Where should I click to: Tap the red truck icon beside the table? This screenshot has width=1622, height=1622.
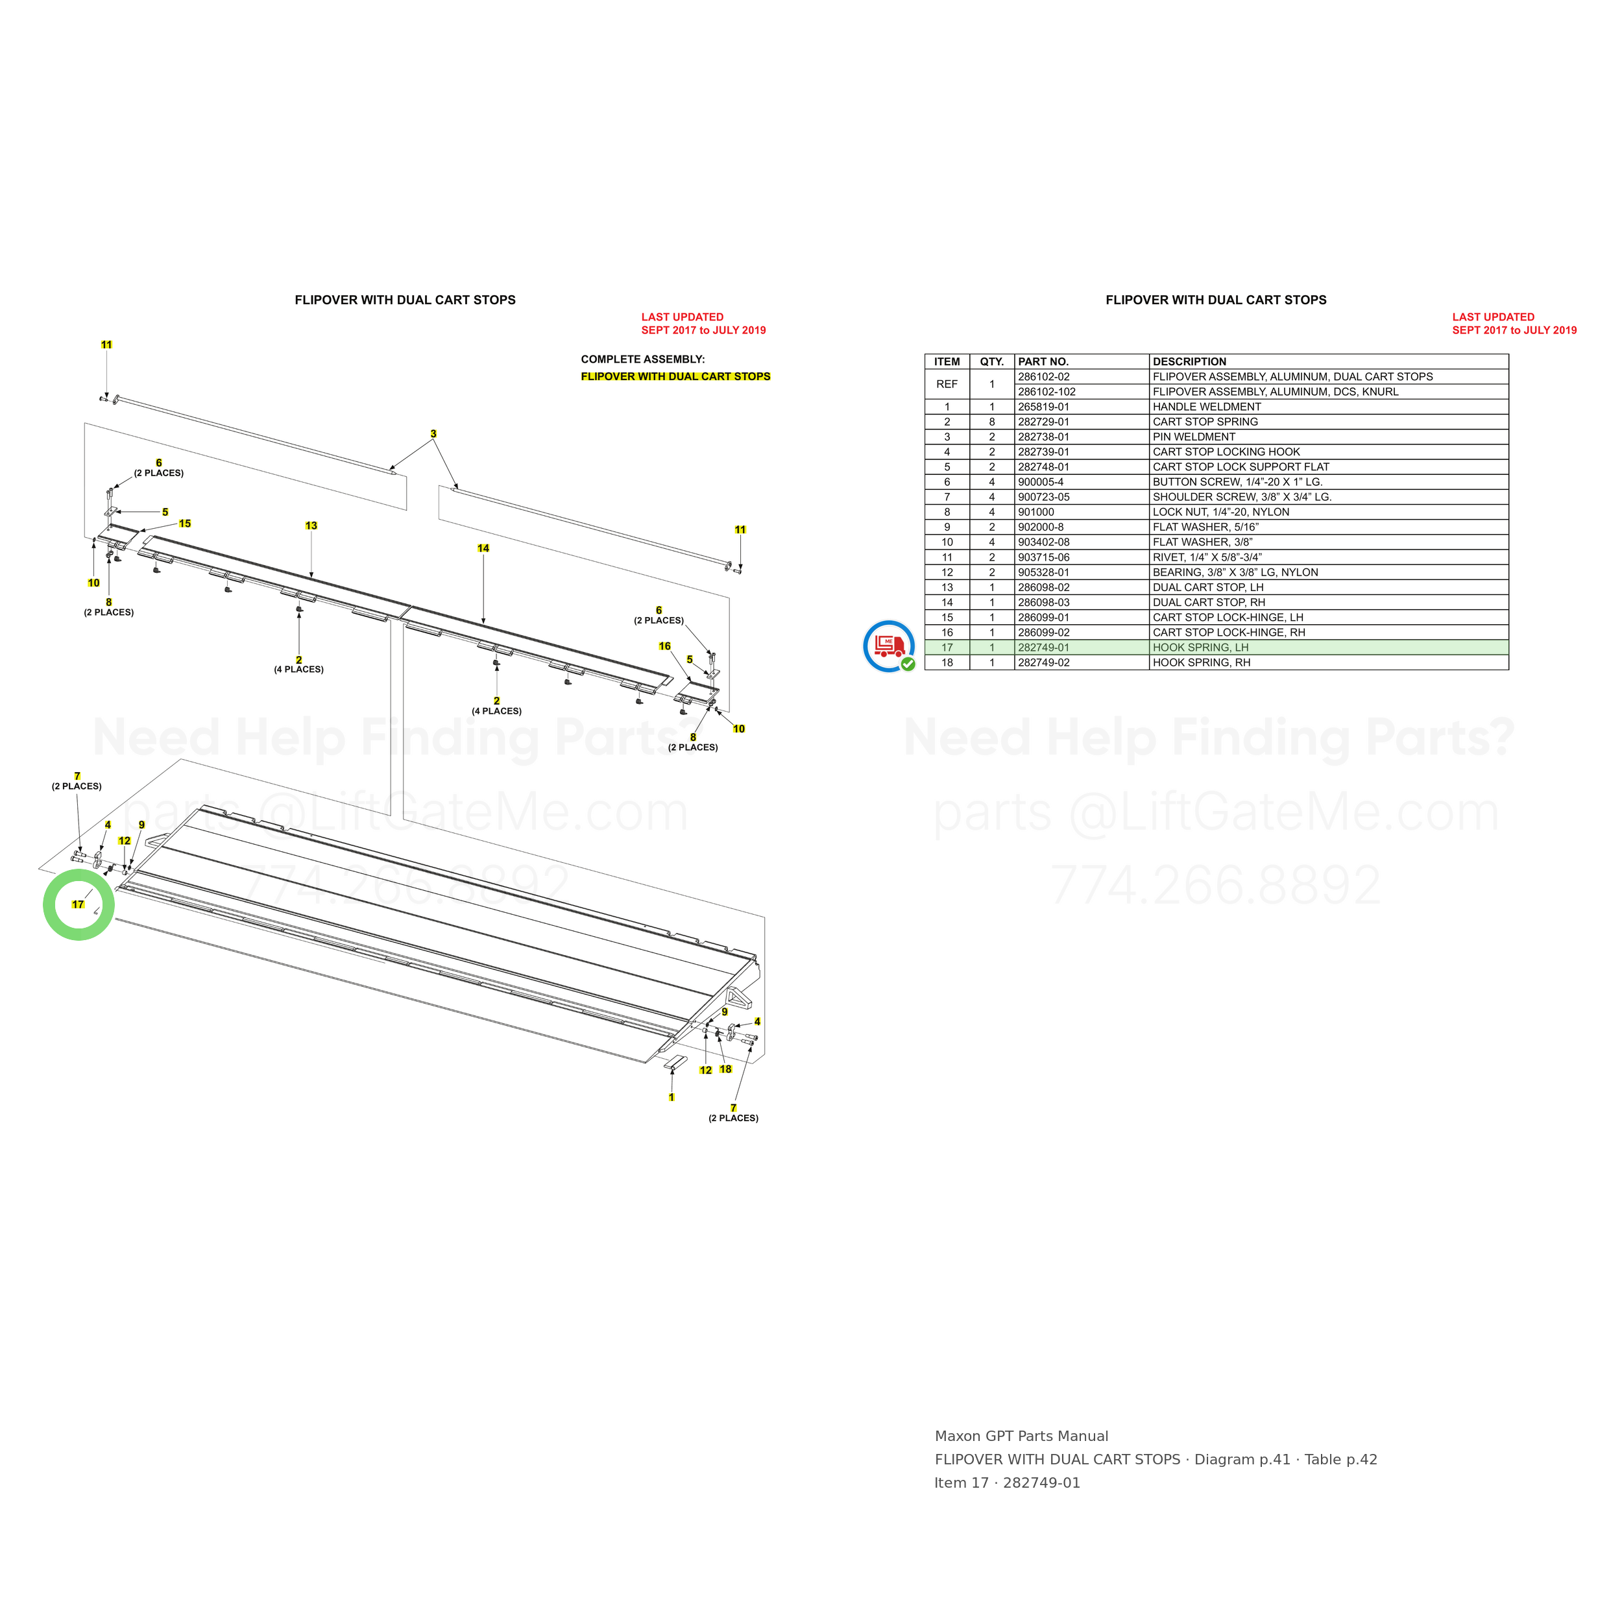(x=888, y=646)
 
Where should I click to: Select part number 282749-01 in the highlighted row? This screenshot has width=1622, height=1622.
(x=1043, y=648)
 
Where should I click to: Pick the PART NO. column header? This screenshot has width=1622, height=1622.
(x=1043, y=362)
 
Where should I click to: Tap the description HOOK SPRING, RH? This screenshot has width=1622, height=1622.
(x=1202, y=662)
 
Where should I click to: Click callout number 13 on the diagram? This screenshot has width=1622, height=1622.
(x=311, y=526)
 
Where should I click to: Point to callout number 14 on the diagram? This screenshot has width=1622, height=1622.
(x=483, y=548)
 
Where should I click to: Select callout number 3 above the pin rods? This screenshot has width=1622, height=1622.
(x=433, y=434)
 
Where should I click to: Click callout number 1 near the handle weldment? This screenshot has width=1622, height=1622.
(x=672, y=1097)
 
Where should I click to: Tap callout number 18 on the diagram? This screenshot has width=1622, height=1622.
(x=726, y=1069)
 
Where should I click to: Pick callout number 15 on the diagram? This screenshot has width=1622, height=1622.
(x=185, y=523)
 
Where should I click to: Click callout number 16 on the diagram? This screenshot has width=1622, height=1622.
(x=665, y=646)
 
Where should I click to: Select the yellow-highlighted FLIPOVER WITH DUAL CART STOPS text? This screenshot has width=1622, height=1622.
(x=676, y=376)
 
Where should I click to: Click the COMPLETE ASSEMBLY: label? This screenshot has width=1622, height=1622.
(x=643, y=359)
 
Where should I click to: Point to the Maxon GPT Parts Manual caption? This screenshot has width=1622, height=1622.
(x=1022, y=1436)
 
